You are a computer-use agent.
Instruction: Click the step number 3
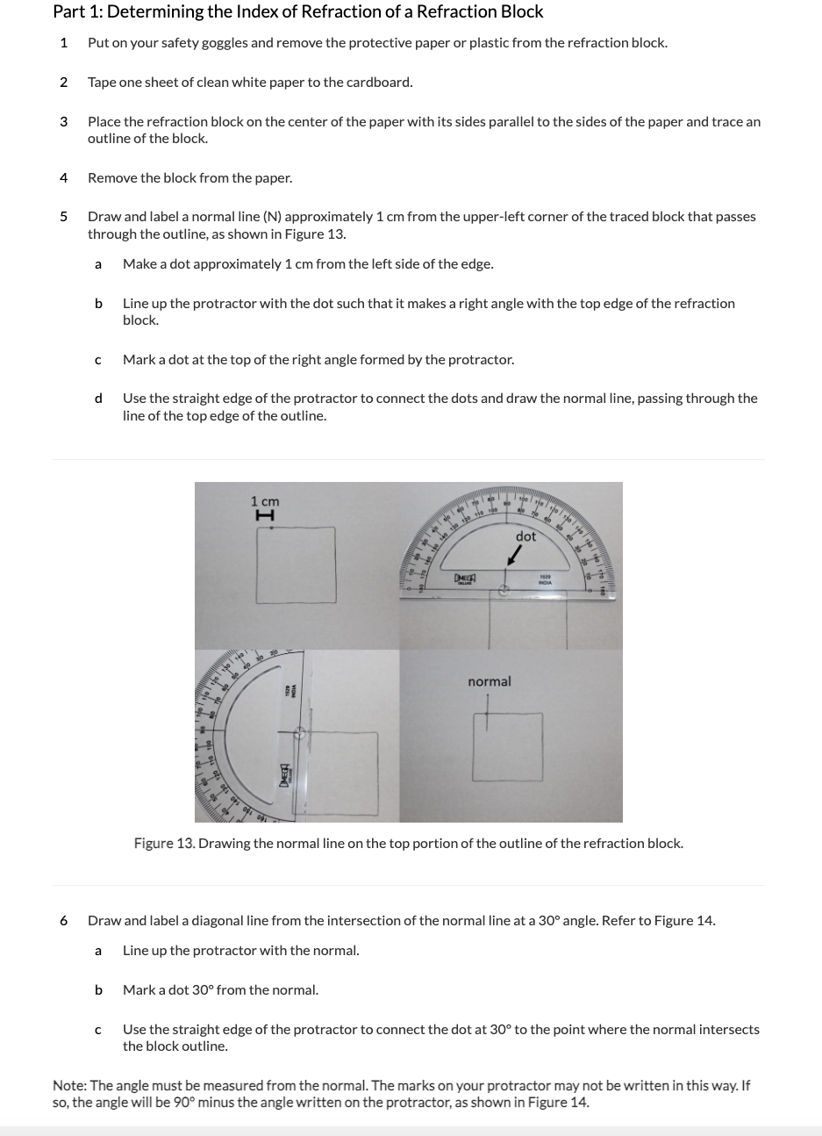click(x=63, y=122)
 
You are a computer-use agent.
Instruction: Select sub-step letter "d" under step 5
click(x=98, y=399)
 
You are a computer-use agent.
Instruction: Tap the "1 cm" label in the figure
click(x=265, y=501)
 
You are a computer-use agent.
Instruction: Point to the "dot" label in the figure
click(x=525, y=536)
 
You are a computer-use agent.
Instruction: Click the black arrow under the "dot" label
click(x=519, y=556)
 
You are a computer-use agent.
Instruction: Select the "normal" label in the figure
click(x=490, y=681)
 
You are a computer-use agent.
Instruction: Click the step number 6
click(x=63, y=921)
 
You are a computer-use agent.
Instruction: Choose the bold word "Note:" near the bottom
click(x=69, y=1086)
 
